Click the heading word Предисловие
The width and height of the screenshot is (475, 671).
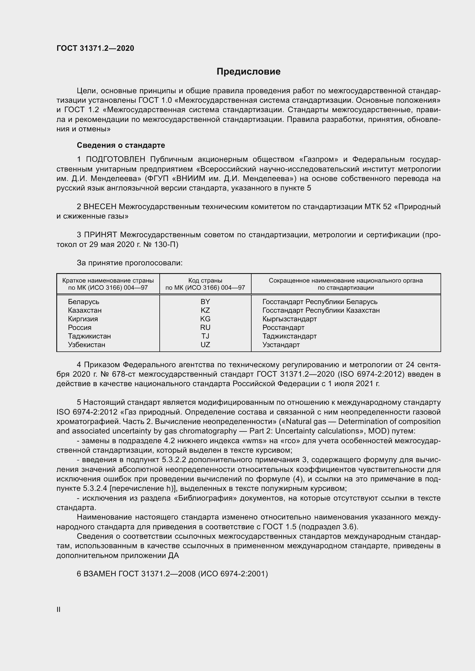pyautogui.click(x=248, y=72)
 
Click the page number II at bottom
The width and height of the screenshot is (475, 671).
pyautogui.click(x=59, y=609)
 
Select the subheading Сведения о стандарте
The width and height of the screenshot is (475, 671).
pyautogui.click(x=121, y=145)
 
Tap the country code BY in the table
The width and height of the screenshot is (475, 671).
pyautogui.click(x=205, y=302)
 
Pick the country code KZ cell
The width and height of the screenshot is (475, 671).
pyautogui.click(x=205, y=310)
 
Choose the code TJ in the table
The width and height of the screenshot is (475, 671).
pyautogui.click(x=205, y=336)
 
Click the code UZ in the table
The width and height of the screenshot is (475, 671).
pyautogui.click(x=205, y=345)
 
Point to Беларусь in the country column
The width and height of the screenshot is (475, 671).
pyautogui.click(x=84, y=302)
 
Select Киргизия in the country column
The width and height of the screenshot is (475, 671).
pyautogui.click(x=83, y=319)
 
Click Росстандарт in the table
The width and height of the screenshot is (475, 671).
pyautogui.click(x=283, y=327)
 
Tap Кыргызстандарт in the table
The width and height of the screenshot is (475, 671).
pyautogui.click(x=289, y=319)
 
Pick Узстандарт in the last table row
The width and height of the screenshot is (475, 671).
pyautogui.click(x=281, y=345)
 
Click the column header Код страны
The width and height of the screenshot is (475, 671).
pyautogui.click(x=205, y=281)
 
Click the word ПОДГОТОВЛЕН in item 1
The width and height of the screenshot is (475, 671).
pyautogui.click(x=115, y=159)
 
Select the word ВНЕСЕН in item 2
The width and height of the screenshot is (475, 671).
pyautogui.click(x=100, y=207)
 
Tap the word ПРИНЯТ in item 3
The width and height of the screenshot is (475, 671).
pyautogui.click(x=101, y=235)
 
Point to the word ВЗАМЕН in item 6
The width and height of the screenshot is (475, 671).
pyautogui.click(x=100, y=574)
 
